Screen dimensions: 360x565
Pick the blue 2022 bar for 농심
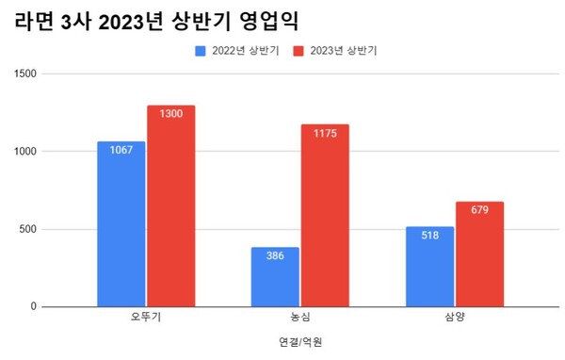275,277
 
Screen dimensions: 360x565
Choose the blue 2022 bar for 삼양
429,267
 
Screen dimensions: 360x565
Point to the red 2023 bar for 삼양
479,254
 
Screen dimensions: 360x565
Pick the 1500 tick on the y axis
24,74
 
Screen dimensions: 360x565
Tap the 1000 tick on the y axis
24,151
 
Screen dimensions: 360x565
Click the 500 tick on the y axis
27,229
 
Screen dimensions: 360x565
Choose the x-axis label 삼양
454,318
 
